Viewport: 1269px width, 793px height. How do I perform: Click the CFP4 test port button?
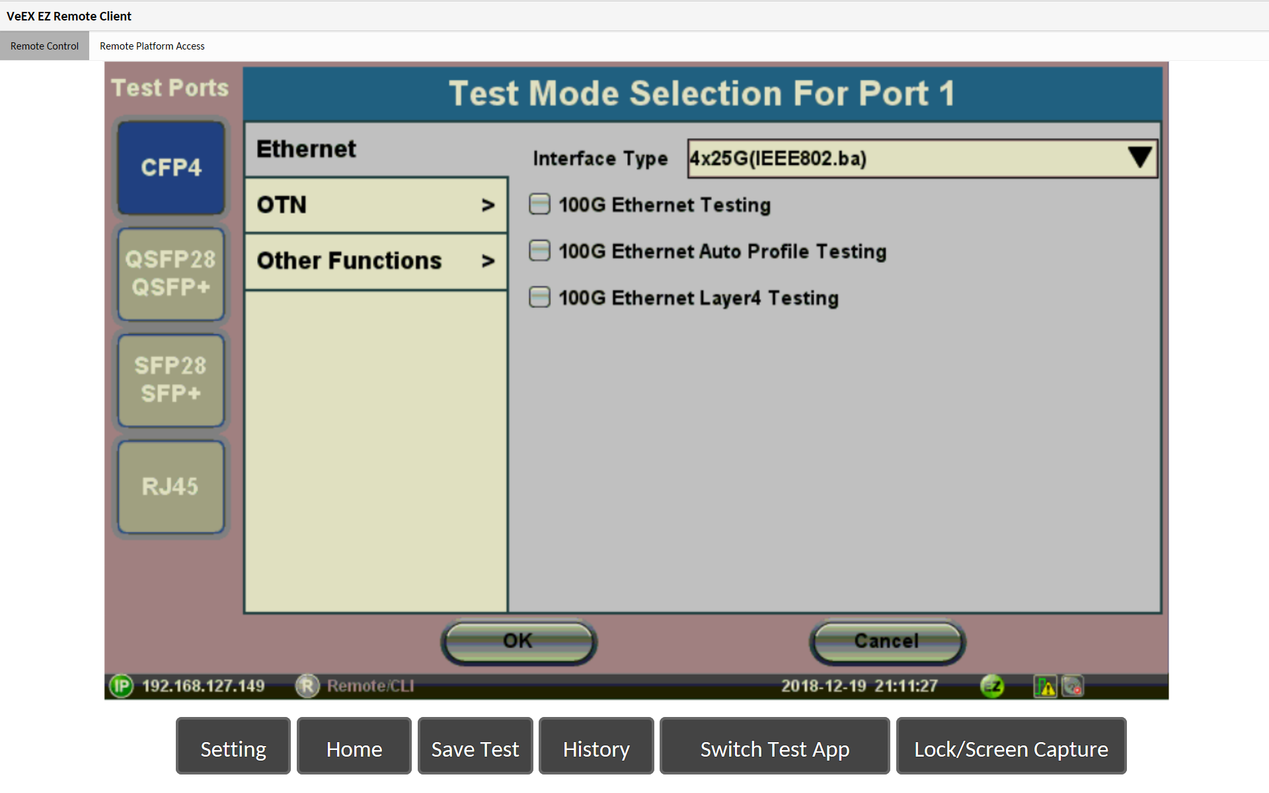[171, 168]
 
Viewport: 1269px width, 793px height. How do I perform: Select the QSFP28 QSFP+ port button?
[171, 274]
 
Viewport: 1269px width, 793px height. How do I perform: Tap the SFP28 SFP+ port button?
[171, 380]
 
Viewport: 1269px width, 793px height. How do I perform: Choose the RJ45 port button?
[171, 486]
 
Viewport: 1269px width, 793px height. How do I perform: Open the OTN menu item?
[376, 205]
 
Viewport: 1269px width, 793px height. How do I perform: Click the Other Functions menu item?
[376, 261]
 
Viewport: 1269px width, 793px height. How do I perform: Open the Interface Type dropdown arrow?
[1140, 158]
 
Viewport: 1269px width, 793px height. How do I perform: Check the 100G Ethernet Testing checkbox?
[539, 204]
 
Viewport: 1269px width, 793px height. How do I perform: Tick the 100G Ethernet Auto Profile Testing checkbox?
[539, 250]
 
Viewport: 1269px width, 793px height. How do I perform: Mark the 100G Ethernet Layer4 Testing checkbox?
[539, 297]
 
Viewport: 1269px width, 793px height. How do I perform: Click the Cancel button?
[887, 641]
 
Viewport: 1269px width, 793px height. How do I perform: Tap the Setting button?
[233, 746]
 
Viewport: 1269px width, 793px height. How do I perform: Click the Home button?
[354, 746]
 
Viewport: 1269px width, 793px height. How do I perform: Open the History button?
[596, 746]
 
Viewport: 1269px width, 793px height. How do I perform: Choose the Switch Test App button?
[775, 746]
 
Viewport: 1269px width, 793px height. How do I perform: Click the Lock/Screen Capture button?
[1011, 746]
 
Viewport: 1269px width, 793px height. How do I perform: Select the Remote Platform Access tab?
[152, 46]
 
